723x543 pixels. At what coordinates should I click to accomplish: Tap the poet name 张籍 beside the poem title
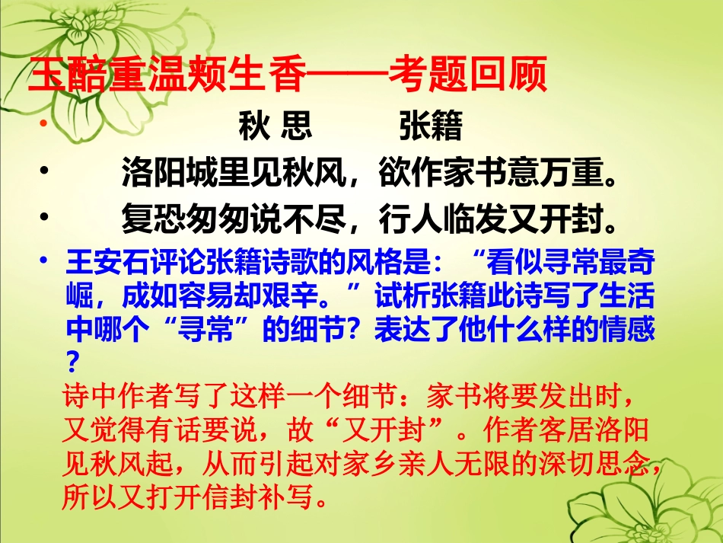431,126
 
